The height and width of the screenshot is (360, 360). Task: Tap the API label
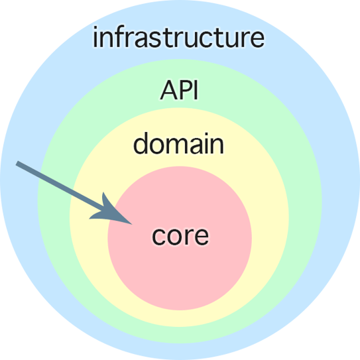pyautogui.click(x=180, y=90)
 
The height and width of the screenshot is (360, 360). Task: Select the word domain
pyautogui.click(x=178, y=143)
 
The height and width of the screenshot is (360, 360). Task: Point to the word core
pyautogui.click(x=180, y=235)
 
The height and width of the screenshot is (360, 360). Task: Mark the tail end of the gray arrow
pyautogui.click(x=17, y=164)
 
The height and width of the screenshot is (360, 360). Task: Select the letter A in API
pyautogui.click(x=169, y=90)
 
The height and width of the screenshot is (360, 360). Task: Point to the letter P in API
pyautogui.click(x=185, y=90)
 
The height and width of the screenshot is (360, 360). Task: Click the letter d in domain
pyautogui.click(x=141, y=143)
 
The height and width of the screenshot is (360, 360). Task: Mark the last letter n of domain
pyautogui.click(x=216, y=145)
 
